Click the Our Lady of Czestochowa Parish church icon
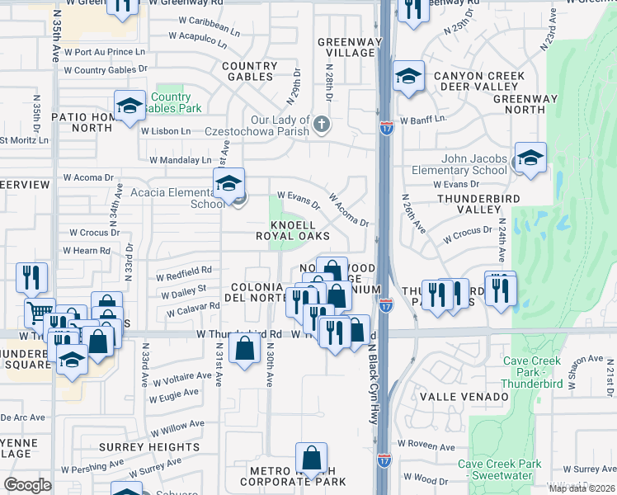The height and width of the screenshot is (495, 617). [322, 125]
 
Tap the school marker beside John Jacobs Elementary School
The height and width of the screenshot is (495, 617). [530, 158]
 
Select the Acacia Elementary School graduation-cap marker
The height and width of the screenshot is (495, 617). [228, 183]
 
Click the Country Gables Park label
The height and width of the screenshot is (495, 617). [172, 103]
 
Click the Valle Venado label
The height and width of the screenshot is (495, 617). [464, 397]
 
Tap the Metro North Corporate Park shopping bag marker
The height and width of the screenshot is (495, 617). [311, 459]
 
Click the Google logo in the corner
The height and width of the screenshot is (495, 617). [27, 484]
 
